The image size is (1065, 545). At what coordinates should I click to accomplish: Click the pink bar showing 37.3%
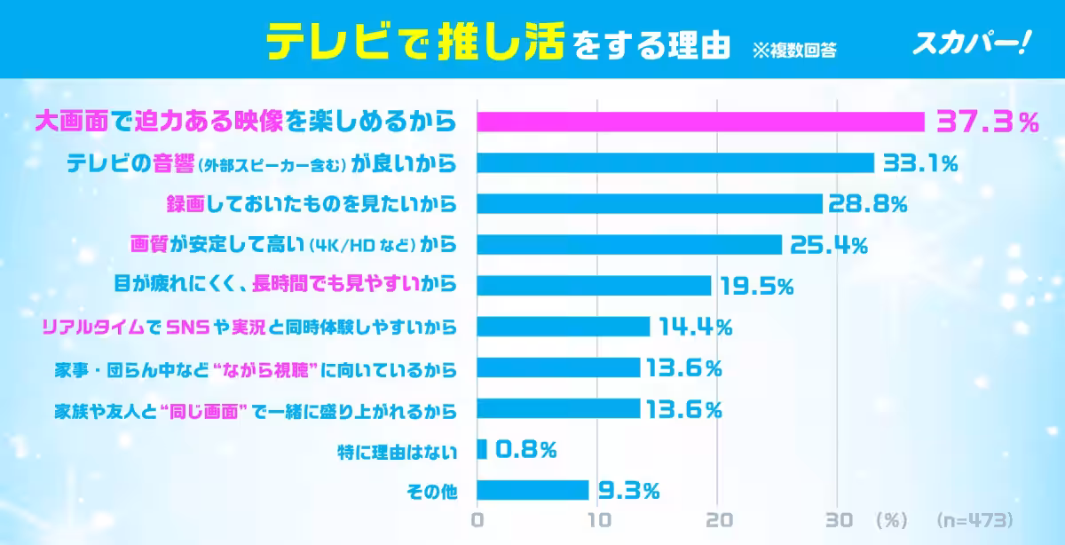(x=701, y=122)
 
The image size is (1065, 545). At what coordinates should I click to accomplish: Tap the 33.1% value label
(x=919, y=163)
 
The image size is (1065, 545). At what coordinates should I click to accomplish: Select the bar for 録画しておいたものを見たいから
(x=650, y=204)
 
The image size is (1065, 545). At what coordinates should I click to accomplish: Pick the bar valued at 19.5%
(x=595, y=286)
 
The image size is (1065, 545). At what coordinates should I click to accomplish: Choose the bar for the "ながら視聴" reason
(x=558, y=367)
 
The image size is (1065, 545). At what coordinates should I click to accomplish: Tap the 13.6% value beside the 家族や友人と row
(x=682, y=409)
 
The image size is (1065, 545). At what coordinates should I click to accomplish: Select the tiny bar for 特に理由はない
(x=482, y=450)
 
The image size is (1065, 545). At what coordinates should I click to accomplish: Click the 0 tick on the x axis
(x=478, y=519)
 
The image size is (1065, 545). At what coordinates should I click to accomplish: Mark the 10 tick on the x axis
(x=599, y=519)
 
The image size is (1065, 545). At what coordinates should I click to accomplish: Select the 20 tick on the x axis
(x=719, y=519)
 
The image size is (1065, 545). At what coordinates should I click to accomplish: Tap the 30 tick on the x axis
(x=839, y=519)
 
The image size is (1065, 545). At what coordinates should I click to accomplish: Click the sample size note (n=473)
(x=973, y=519)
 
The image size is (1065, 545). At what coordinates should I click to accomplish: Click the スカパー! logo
(x=970, y=42)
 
